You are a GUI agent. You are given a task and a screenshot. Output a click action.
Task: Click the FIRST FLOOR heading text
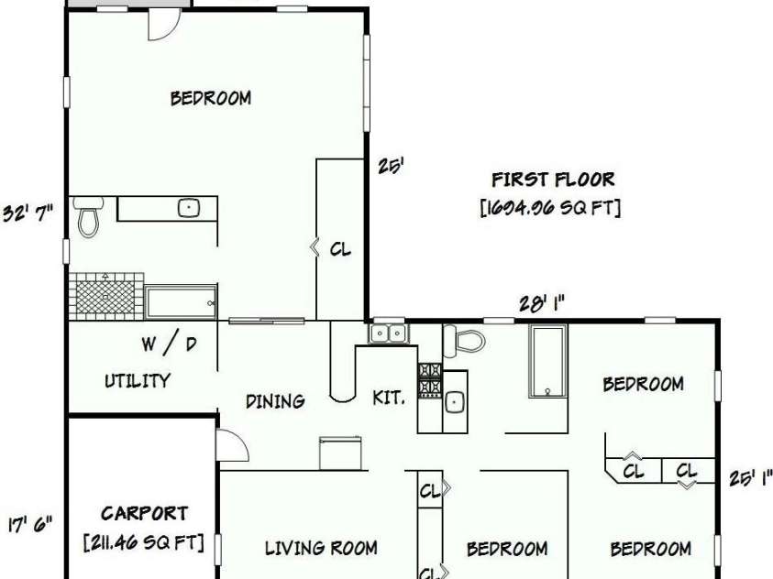(553, 180)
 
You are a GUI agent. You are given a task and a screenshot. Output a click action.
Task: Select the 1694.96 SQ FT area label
(550, 208)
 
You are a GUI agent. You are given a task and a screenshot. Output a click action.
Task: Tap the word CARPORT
(144, 514)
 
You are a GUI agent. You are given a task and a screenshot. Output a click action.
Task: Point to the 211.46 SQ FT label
(144, 543)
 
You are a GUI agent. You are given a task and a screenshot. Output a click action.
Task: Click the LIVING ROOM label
(321, 548)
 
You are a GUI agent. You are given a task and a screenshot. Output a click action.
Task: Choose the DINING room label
(275, 400)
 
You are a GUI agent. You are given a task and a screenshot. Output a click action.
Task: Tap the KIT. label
(388, 399)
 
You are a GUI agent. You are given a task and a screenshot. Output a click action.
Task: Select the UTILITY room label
(137, 380)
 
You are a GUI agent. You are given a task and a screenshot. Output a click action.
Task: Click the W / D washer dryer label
(168, 344)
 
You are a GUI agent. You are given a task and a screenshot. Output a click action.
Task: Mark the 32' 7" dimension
(28, 209)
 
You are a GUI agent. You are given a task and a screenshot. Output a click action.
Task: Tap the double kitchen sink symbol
(389, 333)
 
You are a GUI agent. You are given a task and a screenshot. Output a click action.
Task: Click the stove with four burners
(430, 379)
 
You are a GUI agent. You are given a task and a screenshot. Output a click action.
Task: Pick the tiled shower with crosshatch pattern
(105, 295)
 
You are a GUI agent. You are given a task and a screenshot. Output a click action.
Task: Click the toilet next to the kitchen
(464, 341)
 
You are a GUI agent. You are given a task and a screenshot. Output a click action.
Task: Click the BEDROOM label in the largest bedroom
(211, 98)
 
